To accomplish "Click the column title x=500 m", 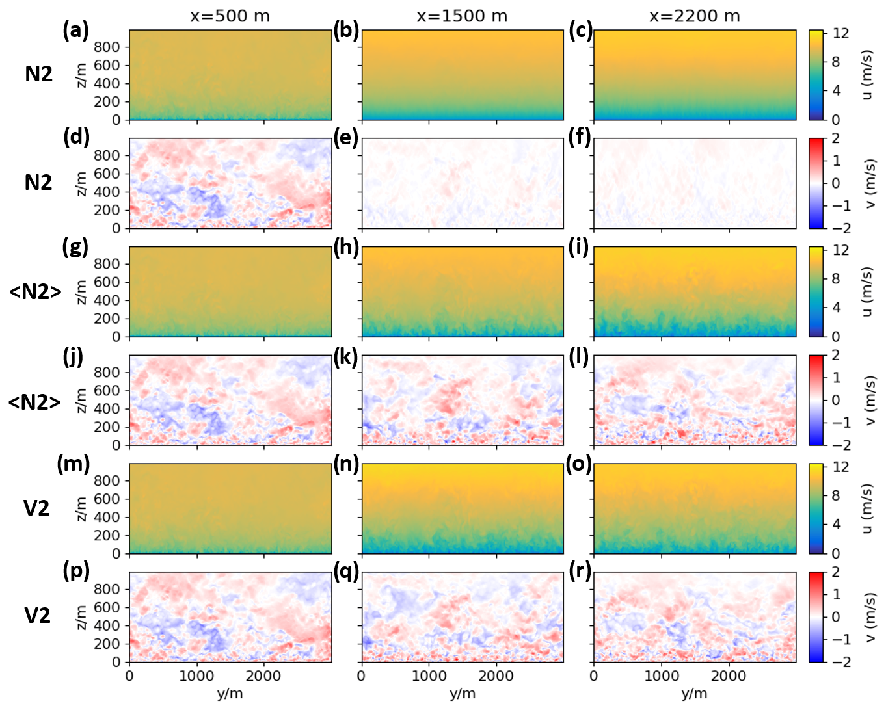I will (230, 16).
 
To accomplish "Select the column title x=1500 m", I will (462, 16).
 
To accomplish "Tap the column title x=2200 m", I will (694, 16).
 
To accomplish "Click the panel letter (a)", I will (75, 31).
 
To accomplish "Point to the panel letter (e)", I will (346, 138).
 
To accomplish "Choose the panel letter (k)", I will (346, 356).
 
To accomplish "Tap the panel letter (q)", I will (346, 572).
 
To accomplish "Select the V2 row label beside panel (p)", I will (37, 615).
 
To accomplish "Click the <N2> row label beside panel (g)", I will (35, 292).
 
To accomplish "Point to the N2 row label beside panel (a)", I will (38, 74).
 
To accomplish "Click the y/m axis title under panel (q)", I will (462, 694).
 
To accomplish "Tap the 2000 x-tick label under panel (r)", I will (729, 676).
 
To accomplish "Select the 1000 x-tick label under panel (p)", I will (196, 676).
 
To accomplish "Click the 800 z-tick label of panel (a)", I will (107, 47).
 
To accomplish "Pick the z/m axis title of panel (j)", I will (81, 400).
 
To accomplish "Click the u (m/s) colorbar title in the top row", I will (866, 75).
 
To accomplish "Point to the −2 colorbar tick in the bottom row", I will (841, 662).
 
